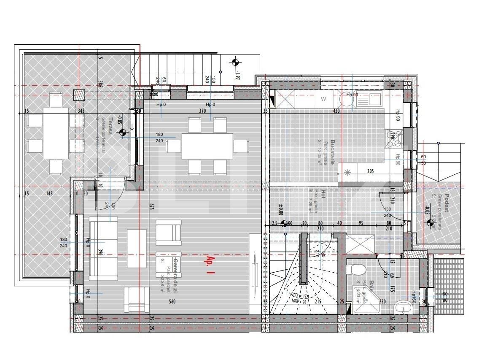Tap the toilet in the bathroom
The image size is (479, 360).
(x=357, y=270)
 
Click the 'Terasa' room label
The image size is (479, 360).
(x=110, y=126)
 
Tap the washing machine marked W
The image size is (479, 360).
(x=323, y=100)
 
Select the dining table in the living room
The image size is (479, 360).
(x=207, y=146)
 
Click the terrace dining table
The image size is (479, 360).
(x=56, y=133)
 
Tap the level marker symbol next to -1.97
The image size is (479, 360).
(x=236, y=62)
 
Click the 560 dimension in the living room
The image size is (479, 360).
(x=172, y=302)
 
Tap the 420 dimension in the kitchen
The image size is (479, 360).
(x=336, y=111)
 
